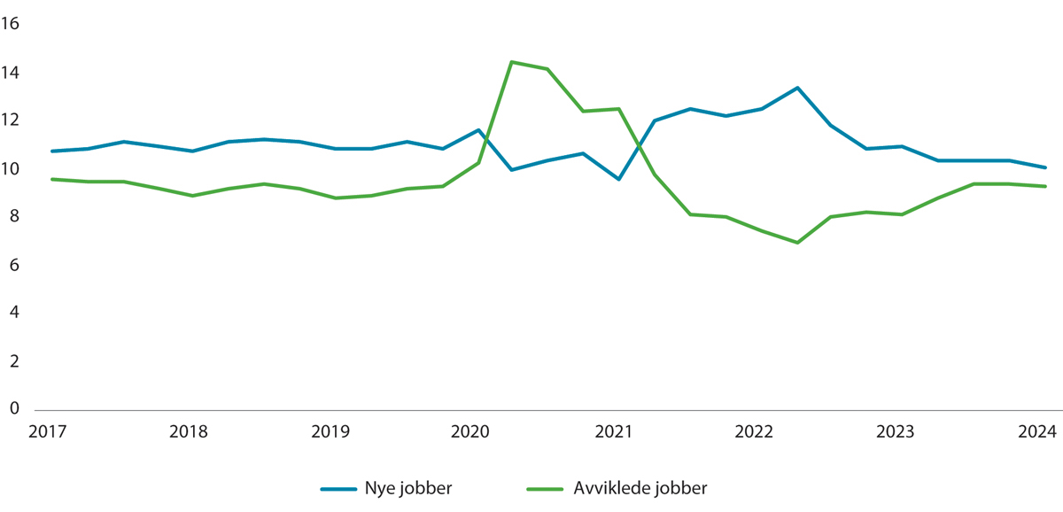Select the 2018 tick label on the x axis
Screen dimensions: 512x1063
click(188, 432)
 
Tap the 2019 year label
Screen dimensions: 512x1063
click(330, 432)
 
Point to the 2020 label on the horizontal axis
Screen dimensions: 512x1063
click(471, 432)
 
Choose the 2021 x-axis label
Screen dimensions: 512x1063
click(613, 432)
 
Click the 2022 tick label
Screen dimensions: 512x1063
click(755, 432)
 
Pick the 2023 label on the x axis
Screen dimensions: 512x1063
click(896, 432)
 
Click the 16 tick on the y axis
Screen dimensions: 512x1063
click(11, 24)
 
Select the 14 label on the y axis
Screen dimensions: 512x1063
click(11, 73)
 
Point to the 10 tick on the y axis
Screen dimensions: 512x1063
click(11, 168)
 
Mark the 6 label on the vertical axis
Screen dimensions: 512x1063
click(14, 265)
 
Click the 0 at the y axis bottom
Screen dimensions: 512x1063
click(14, 408)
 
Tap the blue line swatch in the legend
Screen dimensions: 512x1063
click(338, 488)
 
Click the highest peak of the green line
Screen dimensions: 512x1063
click(512, 62)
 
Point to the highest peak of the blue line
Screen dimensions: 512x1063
click(797, 88)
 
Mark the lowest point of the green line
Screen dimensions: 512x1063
click(797, 243)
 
